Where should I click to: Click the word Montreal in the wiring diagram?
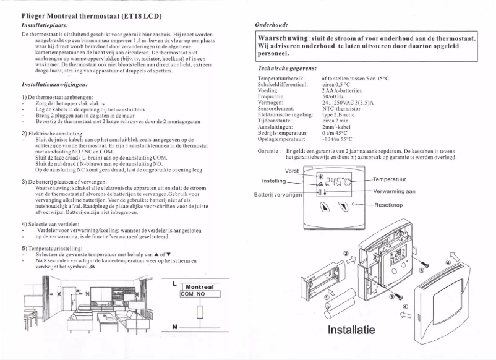click(199, 287)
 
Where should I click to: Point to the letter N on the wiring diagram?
click(174, 326)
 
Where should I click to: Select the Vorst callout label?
click(292, 171)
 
